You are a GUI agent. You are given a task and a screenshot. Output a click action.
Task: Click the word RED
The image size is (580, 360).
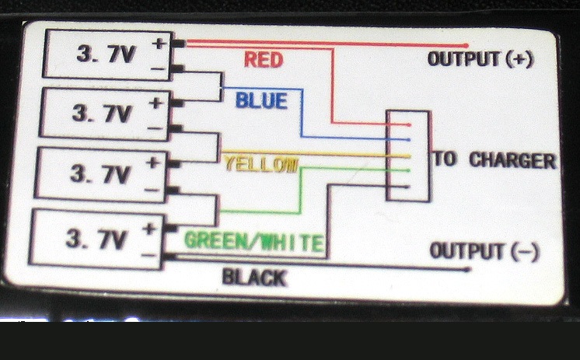click(x=263, y=59)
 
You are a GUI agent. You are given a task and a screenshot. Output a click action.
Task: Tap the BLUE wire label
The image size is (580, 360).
click(x=261, y=100)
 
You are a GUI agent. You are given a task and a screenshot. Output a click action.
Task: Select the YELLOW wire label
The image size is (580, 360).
click(x=260, y=163)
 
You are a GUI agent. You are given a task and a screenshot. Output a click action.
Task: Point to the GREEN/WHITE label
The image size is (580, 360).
click(x=253, y=242)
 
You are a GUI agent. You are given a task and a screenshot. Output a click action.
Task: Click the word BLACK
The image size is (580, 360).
click(x=253, y=277)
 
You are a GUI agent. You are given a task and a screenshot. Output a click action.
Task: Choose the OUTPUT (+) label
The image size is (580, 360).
click(x=480, y=60)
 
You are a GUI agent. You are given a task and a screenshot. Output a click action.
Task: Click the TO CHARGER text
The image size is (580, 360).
click(x=494, y=160)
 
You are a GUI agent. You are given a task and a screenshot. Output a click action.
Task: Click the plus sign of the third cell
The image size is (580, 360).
click(x=153, y=162)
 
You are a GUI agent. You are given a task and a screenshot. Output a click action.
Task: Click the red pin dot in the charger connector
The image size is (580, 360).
click(x=406, y=124)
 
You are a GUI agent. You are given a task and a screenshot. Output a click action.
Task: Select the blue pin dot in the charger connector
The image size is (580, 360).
click(x=406, y=140)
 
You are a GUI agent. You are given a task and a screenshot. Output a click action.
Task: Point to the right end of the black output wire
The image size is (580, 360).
click(x=468, y=270)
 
